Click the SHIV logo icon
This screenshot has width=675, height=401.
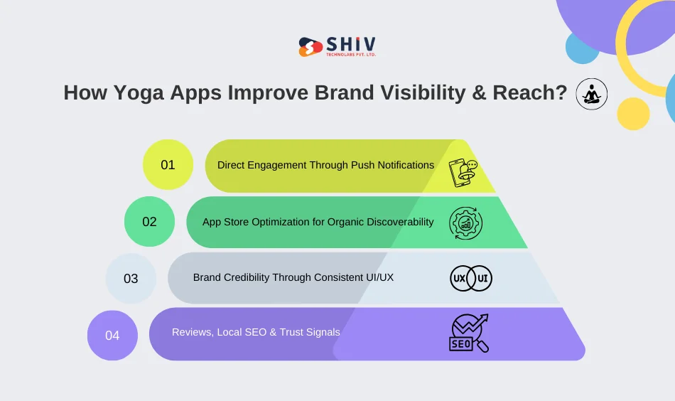(310, 47)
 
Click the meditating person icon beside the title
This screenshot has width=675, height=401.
(590, 93)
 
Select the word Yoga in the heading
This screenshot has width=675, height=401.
(135, 94)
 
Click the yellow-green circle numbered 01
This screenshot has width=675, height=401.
(168, 165)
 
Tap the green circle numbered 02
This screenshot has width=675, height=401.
(149, 222)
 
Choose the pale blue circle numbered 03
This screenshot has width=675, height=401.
(131, 278)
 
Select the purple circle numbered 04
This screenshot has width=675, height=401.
(112, 335)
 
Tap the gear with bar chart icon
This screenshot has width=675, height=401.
(466, 223)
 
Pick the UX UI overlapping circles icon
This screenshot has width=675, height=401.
(471, 278)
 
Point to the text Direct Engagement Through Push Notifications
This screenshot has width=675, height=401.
(325, 165)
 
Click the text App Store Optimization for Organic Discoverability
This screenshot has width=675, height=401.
(318, 222)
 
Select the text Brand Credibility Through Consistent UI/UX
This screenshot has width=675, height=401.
(293, 277)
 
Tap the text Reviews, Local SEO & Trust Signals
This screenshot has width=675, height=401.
(256, 332)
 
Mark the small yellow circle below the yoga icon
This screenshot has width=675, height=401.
(633, 114)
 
